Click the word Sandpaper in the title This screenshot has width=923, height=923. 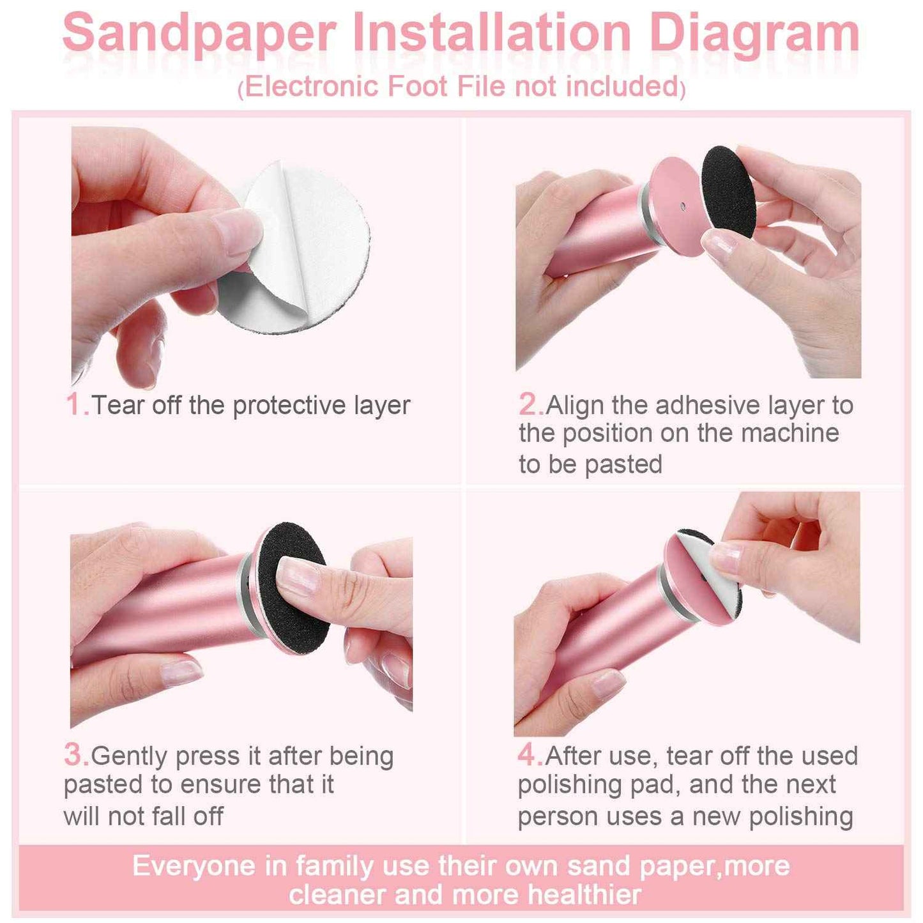[199, 33]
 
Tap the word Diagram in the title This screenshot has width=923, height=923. [754, 33]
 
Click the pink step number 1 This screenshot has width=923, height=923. [76, 404]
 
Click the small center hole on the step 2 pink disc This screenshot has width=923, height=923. [683, 206]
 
